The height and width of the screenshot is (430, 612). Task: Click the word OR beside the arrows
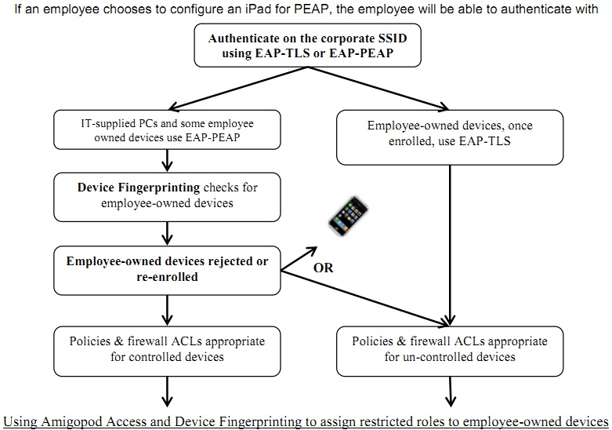coord(323,268)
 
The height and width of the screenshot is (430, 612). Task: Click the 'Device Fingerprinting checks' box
coord(166,195)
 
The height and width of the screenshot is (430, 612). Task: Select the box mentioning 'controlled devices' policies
coord(166,349)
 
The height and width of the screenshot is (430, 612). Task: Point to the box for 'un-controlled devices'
coord(449,349)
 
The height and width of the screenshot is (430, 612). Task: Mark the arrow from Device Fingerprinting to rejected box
coord(166,232)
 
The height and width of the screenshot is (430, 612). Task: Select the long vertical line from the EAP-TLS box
coord(450,235)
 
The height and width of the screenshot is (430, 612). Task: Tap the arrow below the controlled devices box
coord(166,389)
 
